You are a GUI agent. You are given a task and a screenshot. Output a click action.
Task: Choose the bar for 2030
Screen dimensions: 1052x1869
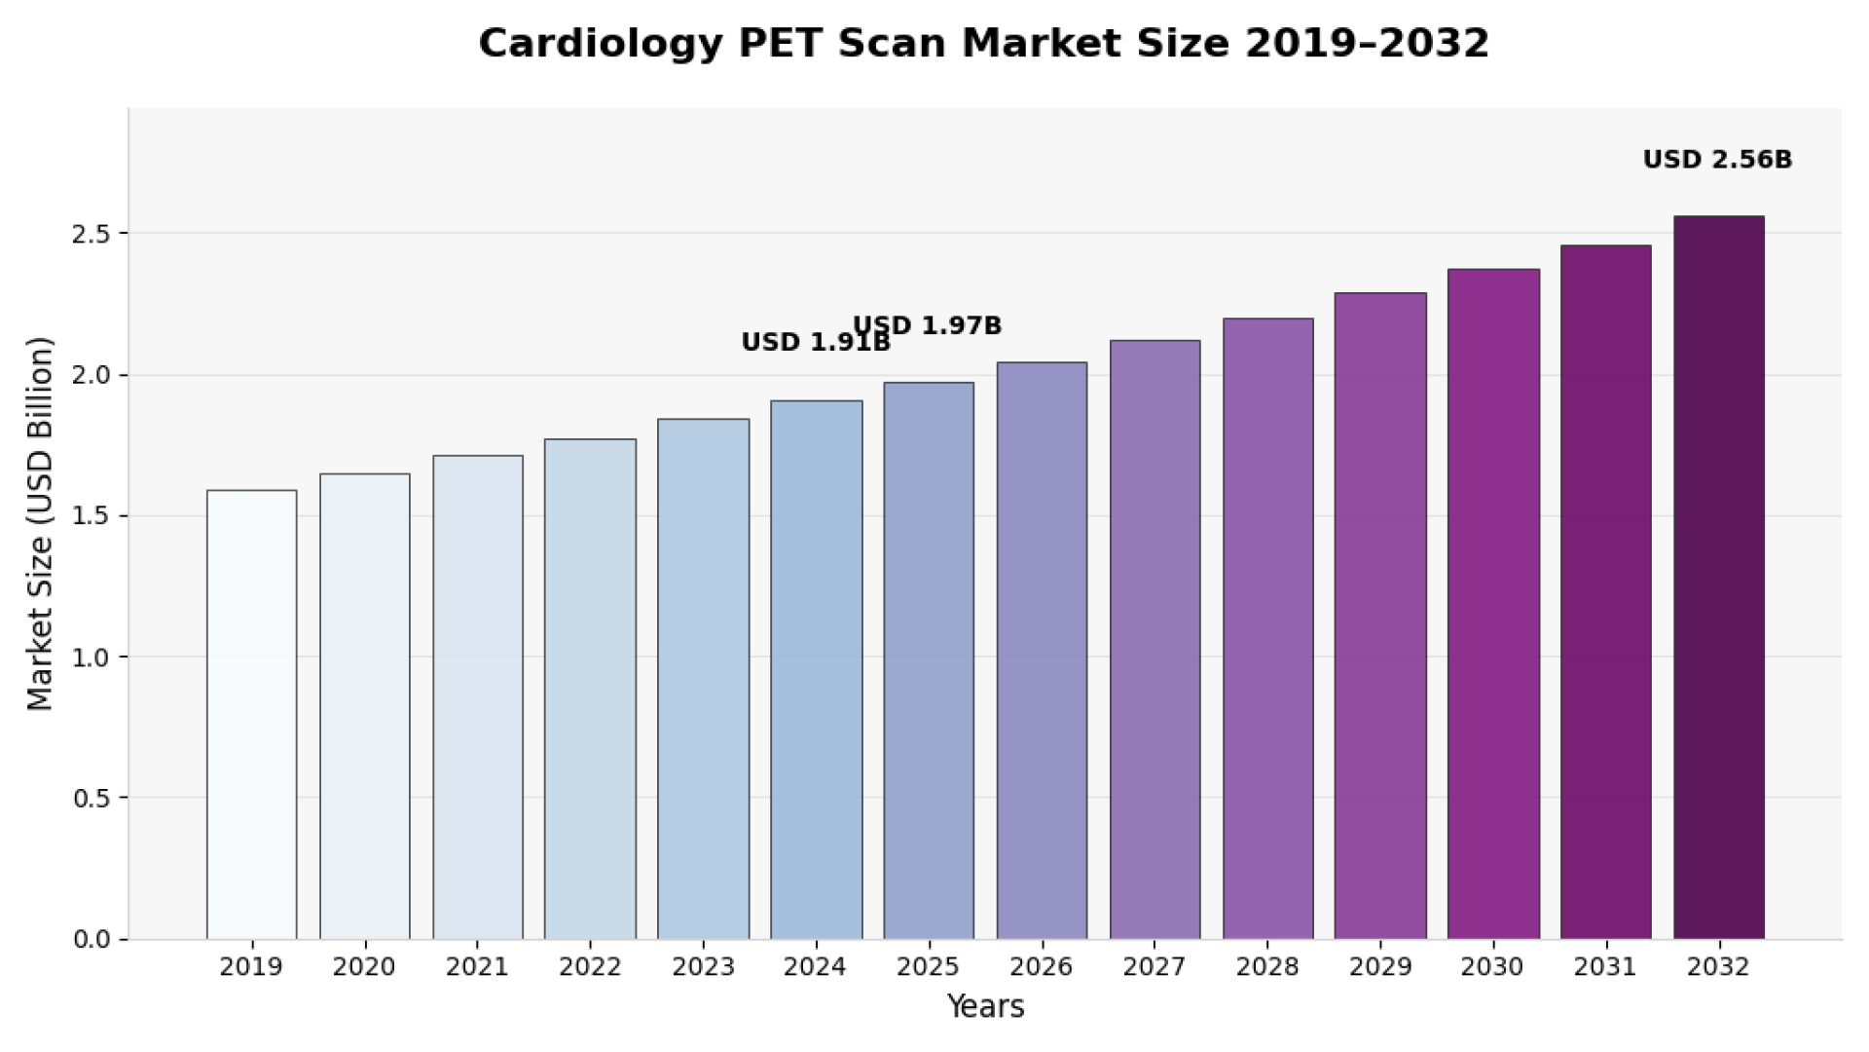point(1493,604)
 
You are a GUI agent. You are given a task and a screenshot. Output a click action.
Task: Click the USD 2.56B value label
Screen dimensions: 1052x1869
point(1717,160)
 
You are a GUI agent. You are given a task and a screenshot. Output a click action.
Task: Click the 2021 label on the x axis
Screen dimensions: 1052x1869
point(477,967)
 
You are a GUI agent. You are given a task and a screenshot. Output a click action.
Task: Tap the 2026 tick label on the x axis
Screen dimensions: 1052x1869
point(1042,967)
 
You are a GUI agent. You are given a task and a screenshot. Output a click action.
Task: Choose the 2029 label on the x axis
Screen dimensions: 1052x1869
point(1380,967)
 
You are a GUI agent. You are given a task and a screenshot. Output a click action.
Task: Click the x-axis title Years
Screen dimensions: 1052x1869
point(985,1006)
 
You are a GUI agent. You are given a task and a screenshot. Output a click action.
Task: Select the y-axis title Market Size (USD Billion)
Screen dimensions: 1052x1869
point(40,524)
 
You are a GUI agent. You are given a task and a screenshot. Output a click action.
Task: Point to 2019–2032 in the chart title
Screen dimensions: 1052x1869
point(1367,44)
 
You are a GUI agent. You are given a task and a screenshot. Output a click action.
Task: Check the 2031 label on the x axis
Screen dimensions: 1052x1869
point(1605,967)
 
